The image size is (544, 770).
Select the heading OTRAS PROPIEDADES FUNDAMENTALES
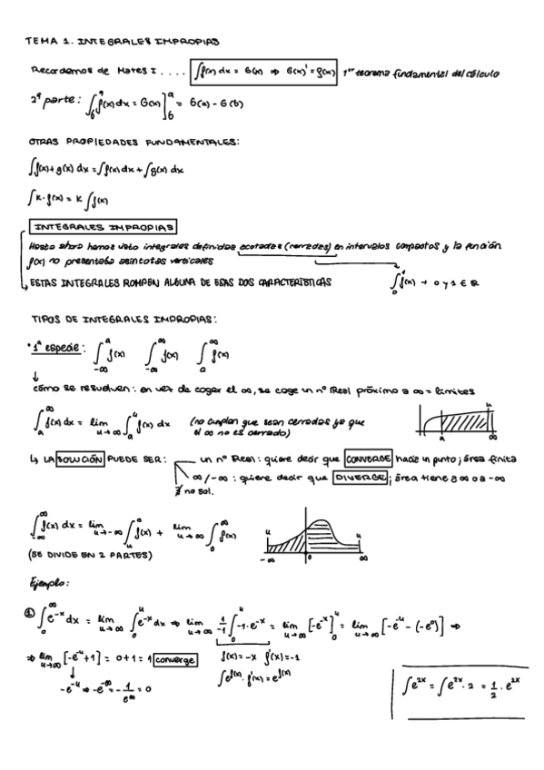point(134,142)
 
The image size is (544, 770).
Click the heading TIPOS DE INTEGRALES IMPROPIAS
point(124,321)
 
